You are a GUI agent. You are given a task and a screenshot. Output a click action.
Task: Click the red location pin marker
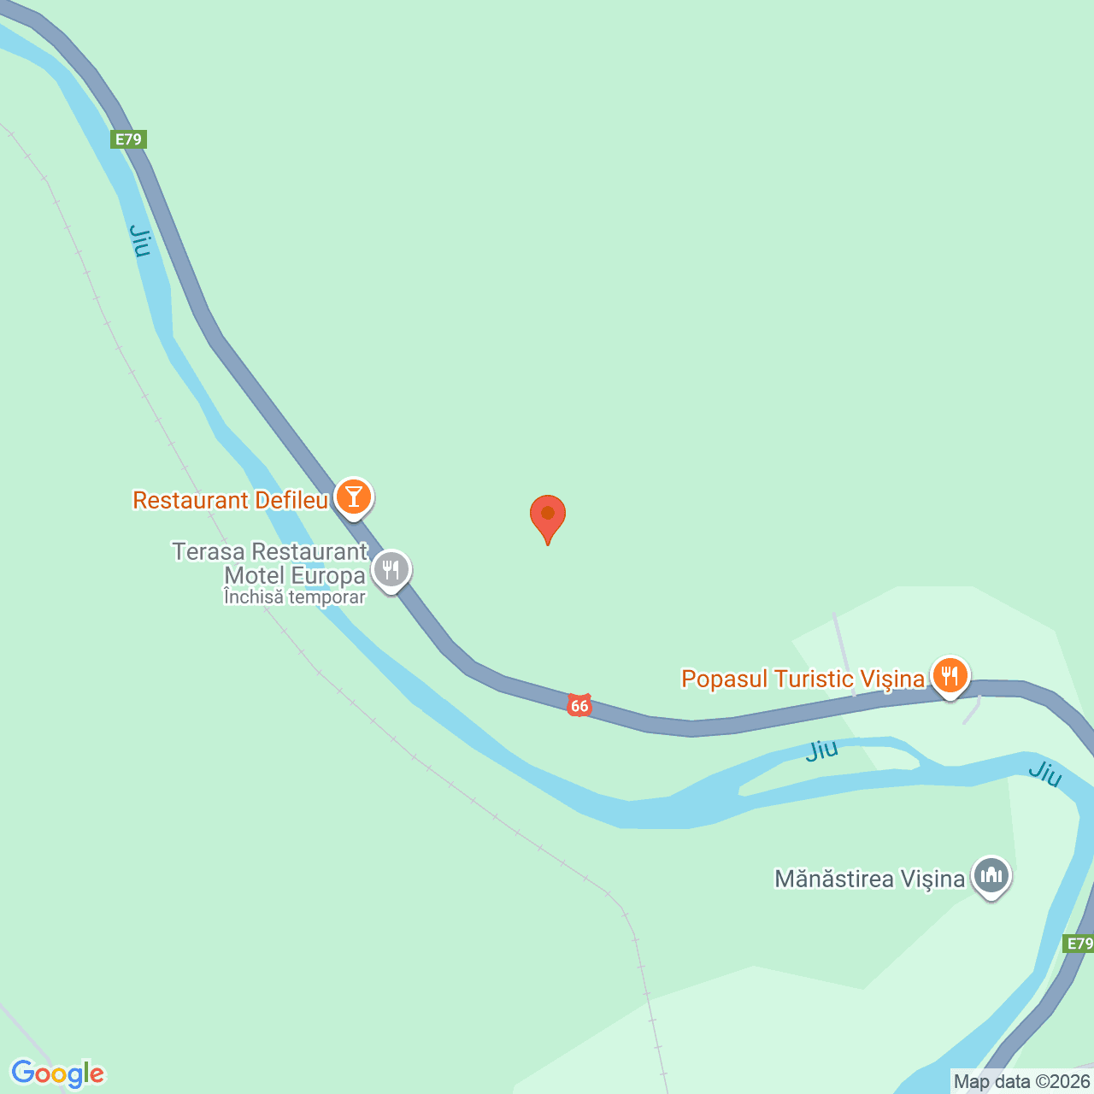click(x=547, y=516)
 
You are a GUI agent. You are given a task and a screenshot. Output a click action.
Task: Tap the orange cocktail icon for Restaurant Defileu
click(x=353, y=497)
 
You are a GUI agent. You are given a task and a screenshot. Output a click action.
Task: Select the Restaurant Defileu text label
click(x=230, y=500)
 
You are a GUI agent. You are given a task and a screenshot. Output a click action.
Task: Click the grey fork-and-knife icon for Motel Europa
click(x=391, y=569)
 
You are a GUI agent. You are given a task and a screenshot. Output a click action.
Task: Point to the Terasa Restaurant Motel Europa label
click(x=270, y=564)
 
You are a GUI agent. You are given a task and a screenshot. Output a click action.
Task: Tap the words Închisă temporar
click(x=295, y=597)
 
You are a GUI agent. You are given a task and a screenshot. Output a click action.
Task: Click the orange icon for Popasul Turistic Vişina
click(x=949, y=676)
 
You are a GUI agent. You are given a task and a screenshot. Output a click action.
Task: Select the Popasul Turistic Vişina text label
click(x=803, y=679)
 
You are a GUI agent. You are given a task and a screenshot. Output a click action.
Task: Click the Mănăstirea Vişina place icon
click(x=991, y=875)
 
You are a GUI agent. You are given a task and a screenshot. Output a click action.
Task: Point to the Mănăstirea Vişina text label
click(x=869, y=879)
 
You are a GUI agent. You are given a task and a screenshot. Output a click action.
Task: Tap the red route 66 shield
click(x=579, y=705)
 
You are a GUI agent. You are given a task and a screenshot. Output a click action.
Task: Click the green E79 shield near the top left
click(x=129, y=139)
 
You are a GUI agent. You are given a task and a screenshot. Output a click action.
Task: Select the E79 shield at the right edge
click(x=1079, y=944)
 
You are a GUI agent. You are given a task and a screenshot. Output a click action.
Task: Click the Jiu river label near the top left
click(x=140, y=240)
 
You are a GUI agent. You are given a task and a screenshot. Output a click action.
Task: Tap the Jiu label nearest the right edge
click(x=1044, y=773)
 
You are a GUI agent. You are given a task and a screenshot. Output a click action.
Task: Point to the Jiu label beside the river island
click(x=822, y=750)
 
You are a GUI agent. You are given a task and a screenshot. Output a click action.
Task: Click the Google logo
click(x=58, y=1073)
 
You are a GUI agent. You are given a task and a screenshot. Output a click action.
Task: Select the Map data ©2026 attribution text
click(x=1021, y=1081)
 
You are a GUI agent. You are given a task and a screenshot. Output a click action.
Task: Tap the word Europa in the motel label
click(x=328, y=575)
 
